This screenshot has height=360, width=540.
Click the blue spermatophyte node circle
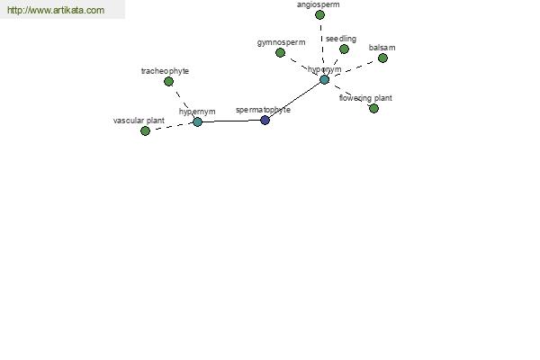[x=265, y=121]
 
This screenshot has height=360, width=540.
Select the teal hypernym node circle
[x=197, y=122]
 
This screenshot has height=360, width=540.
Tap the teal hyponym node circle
[x=324, y=79]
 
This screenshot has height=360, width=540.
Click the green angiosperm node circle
[x=319, y=14]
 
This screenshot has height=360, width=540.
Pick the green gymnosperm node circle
[x=280, y=53]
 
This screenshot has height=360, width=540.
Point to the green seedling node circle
[x=344, y=49]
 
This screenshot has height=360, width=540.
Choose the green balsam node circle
[x=382, y=58]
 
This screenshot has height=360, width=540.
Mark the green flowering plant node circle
[x=373, y=109]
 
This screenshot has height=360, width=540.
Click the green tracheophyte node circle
[x=168, y=82]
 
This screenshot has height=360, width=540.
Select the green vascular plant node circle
[x=145, y=130]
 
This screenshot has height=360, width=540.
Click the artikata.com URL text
[x=56, y=10]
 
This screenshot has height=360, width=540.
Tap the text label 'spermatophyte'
[x=263, y=110]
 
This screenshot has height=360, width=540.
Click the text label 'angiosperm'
[x=319, y=4]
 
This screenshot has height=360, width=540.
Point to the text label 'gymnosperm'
[x=281, y=42]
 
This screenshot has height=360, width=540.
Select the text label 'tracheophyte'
[x=165, y=71]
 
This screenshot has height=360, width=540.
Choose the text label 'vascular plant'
[x=139, y=121]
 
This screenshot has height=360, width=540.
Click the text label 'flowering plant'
[x=365, y=98]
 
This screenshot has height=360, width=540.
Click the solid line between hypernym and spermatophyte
[x=231, y=121]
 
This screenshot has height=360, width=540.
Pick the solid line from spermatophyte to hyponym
[x=295, y=100]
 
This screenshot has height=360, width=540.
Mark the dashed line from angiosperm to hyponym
[x=321, y=47]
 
